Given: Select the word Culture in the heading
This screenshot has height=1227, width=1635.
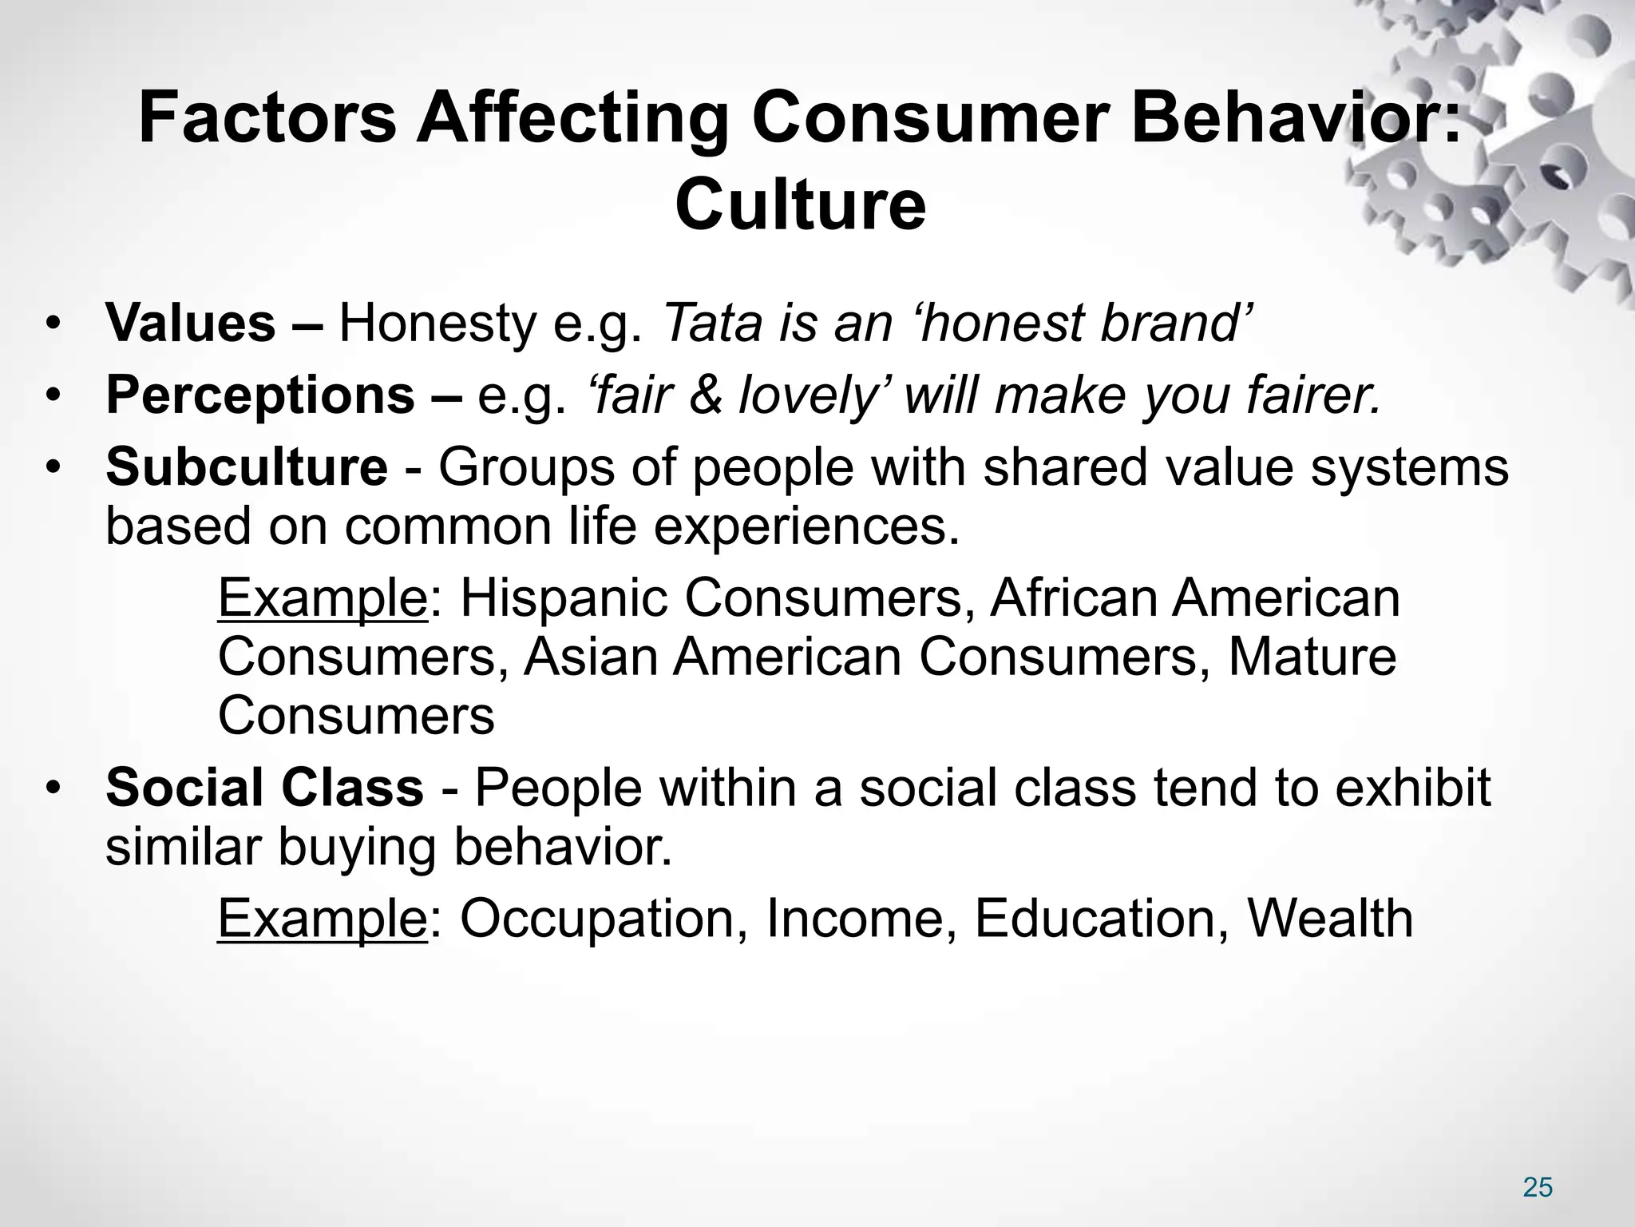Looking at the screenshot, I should tap(800, 205).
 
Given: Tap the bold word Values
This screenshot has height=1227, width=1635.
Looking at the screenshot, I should tap(191, 324).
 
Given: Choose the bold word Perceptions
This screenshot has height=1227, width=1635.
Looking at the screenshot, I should tap(259, 395).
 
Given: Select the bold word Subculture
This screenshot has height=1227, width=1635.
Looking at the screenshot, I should tap(247, 467).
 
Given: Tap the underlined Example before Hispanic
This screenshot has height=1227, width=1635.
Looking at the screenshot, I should tap(323, 599).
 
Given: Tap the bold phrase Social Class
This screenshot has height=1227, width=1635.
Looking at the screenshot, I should tap(264, 788).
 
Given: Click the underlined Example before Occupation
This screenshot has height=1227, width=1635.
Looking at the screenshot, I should tap(323, 919).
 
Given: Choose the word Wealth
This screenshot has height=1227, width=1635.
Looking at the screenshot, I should tap(1330, 919).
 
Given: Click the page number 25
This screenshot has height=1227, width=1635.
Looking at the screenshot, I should tap(1538, 1188).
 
